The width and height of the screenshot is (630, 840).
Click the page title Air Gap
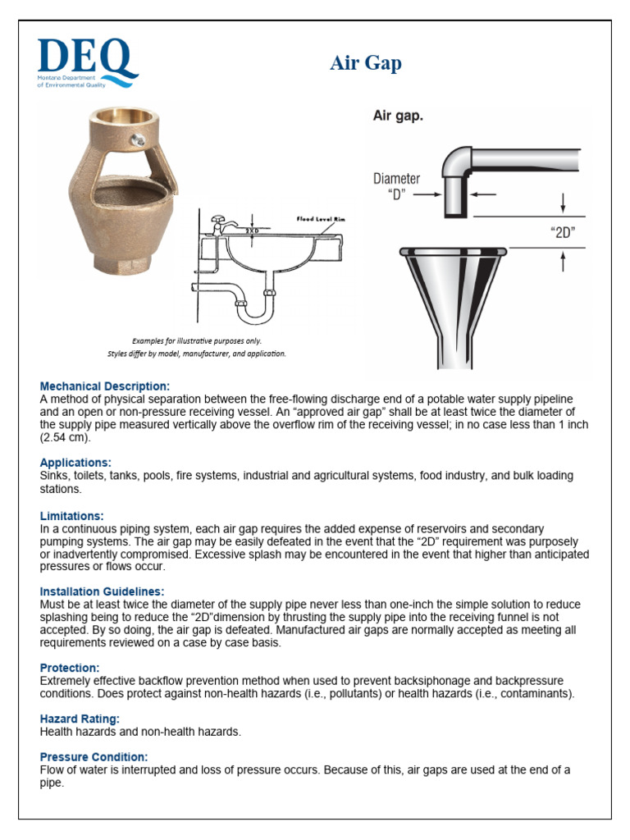click(x=366, y=63)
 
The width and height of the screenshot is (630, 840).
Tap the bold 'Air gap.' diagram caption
click(x=398, y=116)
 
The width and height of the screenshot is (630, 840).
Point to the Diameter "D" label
click(x=397, y=186)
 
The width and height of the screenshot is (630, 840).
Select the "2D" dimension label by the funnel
click(x=562, y=231)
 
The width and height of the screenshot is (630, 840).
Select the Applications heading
click(x=75, y=463)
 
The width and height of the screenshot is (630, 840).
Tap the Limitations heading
click(x=72, y=516)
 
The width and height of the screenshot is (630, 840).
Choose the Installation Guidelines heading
click(x=102, y=591)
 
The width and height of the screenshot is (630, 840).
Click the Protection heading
click(x=70, y=669)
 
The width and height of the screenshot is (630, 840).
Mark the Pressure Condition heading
click(x=94, y=756)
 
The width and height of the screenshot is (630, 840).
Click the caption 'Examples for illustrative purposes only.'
click(x=197, y=340)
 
